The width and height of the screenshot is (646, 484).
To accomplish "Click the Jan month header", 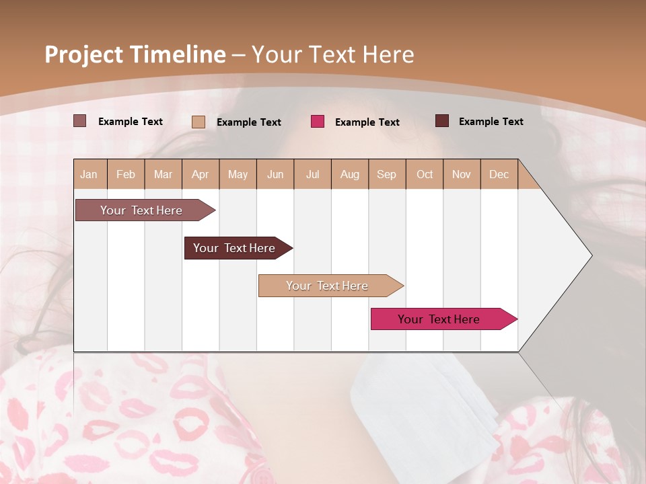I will [89, 174].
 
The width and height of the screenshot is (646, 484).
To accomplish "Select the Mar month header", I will [163, 174].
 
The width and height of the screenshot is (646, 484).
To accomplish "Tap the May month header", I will [238, 174].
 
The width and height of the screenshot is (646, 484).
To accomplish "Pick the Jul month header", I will [312, 174].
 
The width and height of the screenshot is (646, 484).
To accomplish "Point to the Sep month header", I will [386, 174].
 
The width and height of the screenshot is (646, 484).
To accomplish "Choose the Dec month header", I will [499, 174].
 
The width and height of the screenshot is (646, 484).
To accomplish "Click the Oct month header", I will [425, 174].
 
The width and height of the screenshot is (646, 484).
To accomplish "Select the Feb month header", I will [126, 174].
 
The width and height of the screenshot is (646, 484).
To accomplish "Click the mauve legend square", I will [79, 121].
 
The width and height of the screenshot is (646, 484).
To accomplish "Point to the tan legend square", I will [198, 122].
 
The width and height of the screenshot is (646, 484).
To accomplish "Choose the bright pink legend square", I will [317, 122].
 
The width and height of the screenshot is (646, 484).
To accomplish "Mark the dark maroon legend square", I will [441, 121].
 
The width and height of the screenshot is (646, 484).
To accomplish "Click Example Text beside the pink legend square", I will [367, 122].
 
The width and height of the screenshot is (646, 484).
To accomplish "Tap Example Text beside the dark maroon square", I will [491, 121].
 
